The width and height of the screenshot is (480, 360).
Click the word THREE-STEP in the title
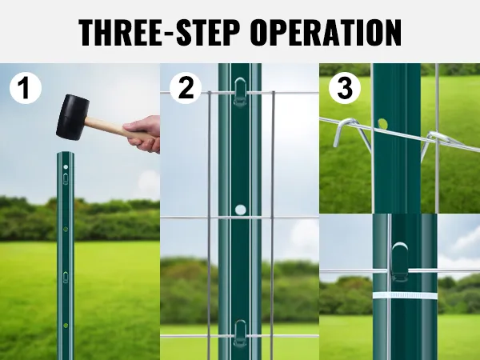tap(158, 32)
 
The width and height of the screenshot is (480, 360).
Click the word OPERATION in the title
tap(326, 32)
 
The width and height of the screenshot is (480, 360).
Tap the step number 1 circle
tap(26, 88)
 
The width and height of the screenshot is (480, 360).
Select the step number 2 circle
tap(186, 88)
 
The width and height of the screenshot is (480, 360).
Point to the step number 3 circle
tap(345, 88)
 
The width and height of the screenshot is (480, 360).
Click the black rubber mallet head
tap(72, 117)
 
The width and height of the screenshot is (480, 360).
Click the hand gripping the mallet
tap(143, 134)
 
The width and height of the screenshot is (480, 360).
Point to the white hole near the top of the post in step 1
tap(66, 167)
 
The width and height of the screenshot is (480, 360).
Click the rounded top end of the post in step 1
tap(66, 154)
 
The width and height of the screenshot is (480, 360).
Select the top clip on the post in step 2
tap(240, 91)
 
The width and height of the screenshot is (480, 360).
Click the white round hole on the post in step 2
tap(240, 210)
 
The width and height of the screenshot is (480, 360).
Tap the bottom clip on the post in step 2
tap(240, 334)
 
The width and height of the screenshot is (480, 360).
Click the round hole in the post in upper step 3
tap(382, 124)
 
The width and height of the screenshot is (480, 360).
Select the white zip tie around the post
tap(405, 296)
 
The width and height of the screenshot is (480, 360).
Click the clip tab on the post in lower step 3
tap(400, 262)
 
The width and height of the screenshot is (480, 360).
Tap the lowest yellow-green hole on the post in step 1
tap(66, 325)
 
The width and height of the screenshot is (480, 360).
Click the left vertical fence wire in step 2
tap(209, 226)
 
